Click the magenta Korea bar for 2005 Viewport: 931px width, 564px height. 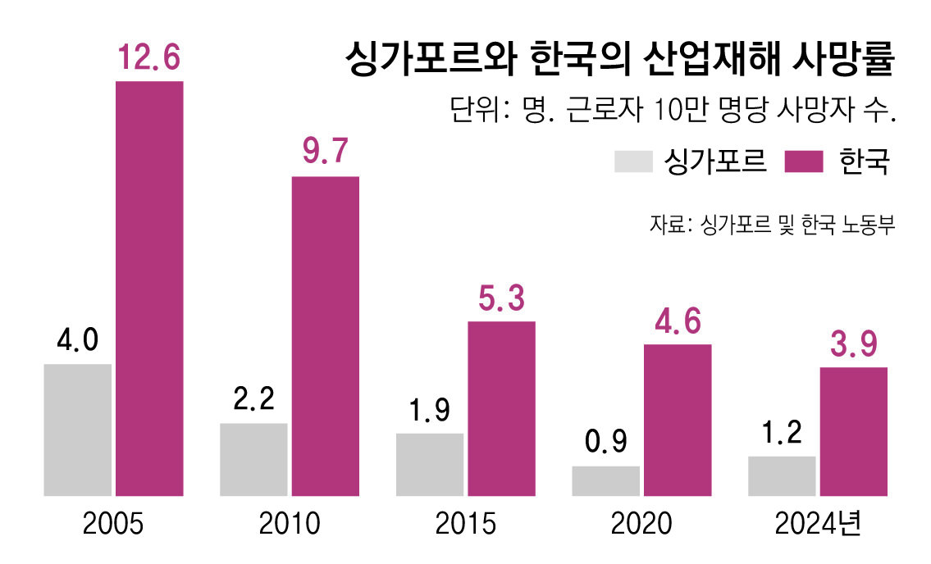click(x=148, y=289)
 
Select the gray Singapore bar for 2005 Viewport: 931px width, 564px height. click(x=77, y=430)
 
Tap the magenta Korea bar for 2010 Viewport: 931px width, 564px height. click(x=325, y=336)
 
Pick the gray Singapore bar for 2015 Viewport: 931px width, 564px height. click(x=429, y=464)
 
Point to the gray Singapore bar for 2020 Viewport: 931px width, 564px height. click(x=605, y=480)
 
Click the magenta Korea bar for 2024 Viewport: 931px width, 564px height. click(x=853, y=431)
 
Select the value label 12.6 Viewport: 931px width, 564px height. click(x=148, y=58)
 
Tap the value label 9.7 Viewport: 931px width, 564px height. click(x=325, y=152)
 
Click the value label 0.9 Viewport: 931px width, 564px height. click(x=605, y=443)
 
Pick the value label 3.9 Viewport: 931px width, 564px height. click(x=853, y=344)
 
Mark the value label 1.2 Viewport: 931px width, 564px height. click(x=781, y=433)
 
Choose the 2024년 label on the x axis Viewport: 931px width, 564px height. click(x=817, y=524)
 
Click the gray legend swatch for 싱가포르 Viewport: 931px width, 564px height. click(x=632, y=161)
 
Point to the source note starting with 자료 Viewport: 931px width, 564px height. click(x=771, y=224)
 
